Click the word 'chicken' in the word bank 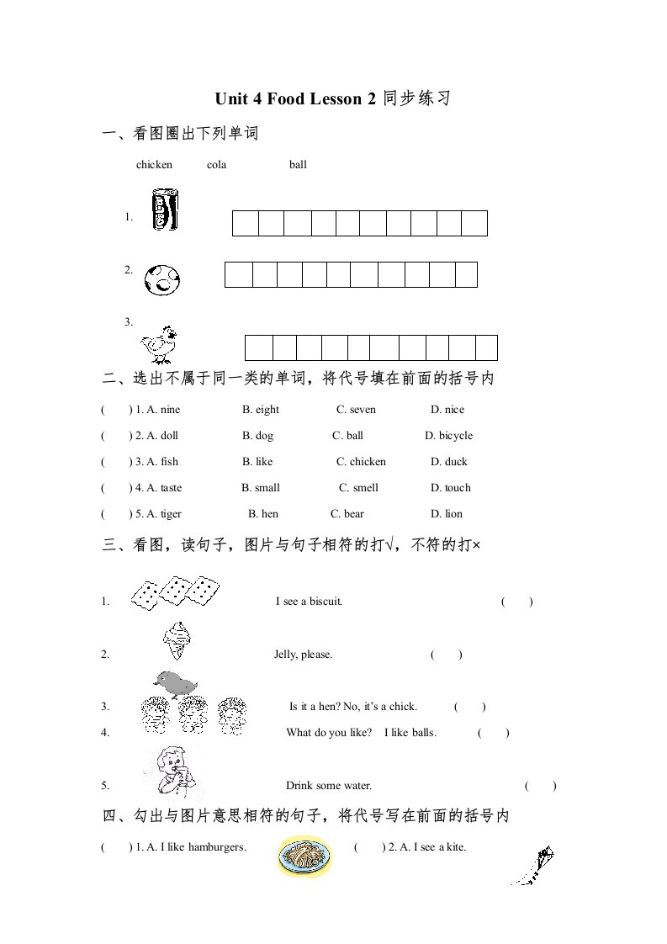click(x=154, y=165)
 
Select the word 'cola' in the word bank click(x=216, y=165)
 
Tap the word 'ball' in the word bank click(x=298, y=165)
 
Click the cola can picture click(x=164, y=210)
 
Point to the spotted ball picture click(x=162, y=279)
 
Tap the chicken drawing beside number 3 click(x=160, y=343)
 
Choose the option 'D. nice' click(x=447, y=410)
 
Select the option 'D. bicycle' click(x=449, y=436)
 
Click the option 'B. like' click(x=257, y=462)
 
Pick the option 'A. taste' click(x=164, y=488)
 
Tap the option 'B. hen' click(x=262, y=514)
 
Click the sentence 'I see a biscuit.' click(x=309, y=602)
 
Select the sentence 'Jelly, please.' click(x=303, y=655)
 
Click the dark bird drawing click(x=174, y=683)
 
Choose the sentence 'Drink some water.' click(x=329, y=786)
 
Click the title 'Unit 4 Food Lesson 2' click(x=294, y=98)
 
